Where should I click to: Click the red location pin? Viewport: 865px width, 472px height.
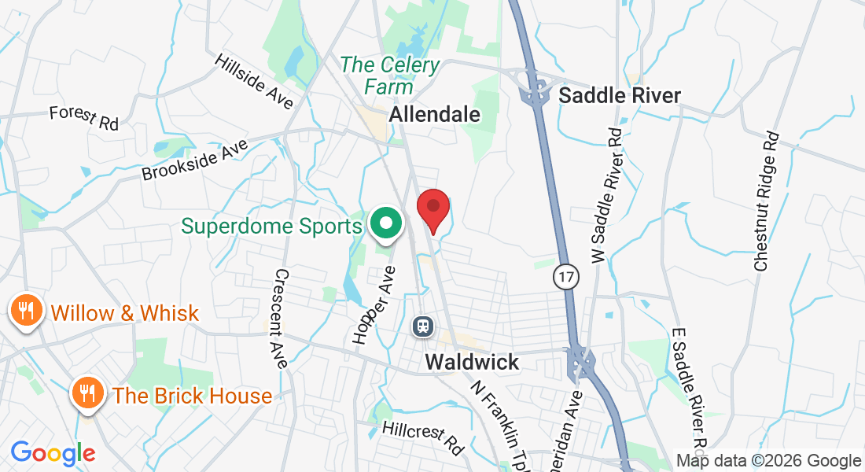432,208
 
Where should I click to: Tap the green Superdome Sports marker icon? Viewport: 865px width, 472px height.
385,224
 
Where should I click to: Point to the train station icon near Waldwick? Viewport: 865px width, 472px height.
422,325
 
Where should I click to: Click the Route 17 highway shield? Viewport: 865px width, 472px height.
565,276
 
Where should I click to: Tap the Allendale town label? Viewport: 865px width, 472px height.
435,114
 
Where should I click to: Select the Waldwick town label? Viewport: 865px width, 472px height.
472,362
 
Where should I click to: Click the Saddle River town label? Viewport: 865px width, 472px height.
619,96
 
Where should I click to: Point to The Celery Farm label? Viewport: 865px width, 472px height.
389,75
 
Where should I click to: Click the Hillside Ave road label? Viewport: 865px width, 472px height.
253,81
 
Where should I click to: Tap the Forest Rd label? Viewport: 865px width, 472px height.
83,117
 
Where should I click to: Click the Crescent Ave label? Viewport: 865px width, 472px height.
282,319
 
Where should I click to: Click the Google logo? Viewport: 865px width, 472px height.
53,454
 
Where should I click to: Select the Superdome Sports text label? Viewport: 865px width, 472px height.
271,227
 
